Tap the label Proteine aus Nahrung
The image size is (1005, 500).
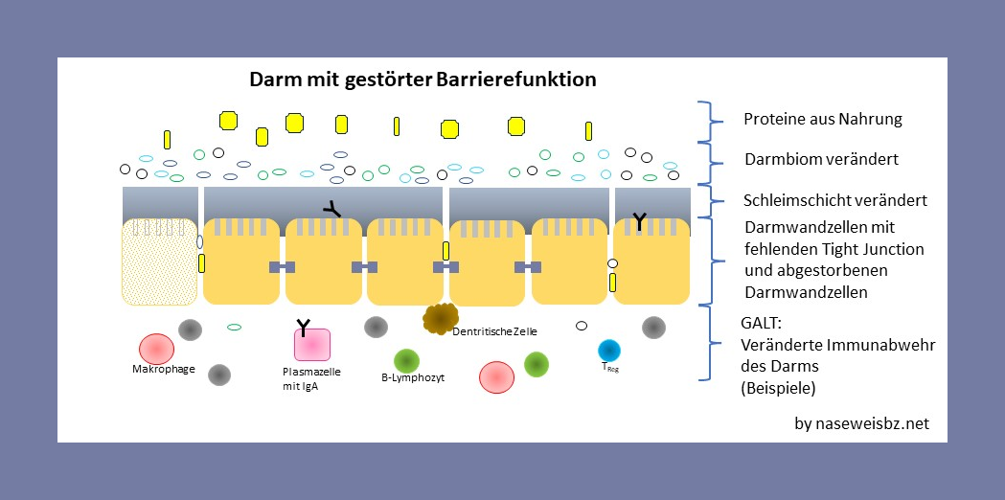tap(822, 120)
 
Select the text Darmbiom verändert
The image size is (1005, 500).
tap(820, 159)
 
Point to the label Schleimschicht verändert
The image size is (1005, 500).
tap(834, 201)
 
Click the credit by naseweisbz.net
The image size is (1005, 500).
tap(861, 422)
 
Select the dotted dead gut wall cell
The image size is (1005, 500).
tap(159, 261)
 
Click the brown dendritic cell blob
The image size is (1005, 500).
tap(441, 317)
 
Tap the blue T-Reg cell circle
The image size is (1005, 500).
tap(609, 351)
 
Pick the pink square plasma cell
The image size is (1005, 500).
tap(312, 346)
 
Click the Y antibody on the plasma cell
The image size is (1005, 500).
tap(304, 329)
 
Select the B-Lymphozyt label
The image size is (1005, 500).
tap(413, 377)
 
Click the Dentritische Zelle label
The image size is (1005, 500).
tap(494, 331)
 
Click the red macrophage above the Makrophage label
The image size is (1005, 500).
tap(156, 349)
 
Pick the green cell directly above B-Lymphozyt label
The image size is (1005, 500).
tap(407, 359)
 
